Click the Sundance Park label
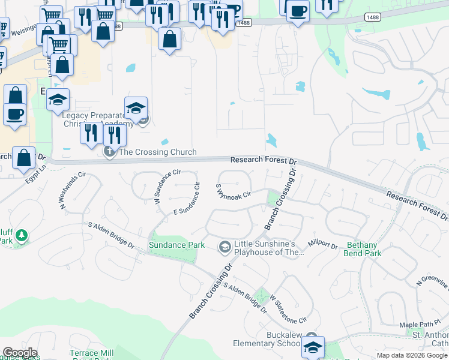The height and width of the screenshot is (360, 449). click(x=177, y=245)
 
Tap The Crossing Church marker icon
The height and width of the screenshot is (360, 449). click(x=110, y=152)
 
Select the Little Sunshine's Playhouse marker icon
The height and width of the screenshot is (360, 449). click(x=225, y=246)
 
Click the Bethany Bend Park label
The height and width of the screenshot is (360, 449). click(x=362, y=249)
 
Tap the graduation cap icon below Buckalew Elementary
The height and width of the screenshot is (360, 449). click(x=313, y=347)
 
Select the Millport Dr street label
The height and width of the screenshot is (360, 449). click(x=324, y=244)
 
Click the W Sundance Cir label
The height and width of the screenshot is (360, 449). click(x=167, y=187)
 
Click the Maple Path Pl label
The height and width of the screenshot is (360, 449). click(x=420, y=325)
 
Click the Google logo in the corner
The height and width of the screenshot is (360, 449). click(x=20, y=353)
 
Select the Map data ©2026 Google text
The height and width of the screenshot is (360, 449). click(x=412, y=355)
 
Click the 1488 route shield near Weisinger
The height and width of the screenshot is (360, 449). click(x=116, y=26)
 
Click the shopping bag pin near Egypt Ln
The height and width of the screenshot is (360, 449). click(x=23, y=158)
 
